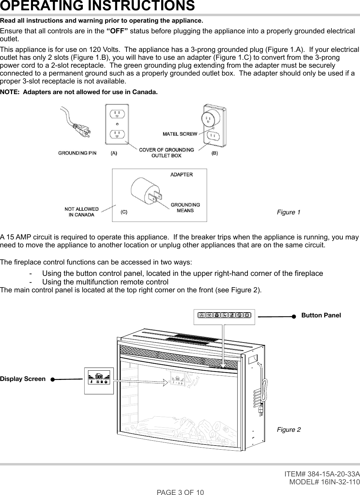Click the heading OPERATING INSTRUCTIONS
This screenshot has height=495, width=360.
97,6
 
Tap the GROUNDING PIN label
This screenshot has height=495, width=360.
77,153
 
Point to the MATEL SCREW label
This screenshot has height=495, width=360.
180,134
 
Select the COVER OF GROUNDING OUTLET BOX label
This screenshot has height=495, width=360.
166,153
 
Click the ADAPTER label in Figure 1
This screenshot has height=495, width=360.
182,175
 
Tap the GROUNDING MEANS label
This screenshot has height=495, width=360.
185,207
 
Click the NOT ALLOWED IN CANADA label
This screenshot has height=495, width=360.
81,212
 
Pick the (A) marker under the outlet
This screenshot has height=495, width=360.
113,154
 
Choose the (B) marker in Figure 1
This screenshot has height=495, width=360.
214,154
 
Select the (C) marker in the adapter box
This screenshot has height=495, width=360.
124,212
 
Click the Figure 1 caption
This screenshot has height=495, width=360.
288,212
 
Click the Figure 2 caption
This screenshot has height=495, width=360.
288,430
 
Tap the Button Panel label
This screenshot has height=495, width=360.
321,315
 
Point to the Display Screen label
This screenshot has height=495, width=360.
23,379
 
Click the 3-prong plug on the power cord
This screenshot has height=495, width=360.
83,129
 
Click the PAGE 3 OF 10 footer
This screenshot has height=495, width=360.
180,492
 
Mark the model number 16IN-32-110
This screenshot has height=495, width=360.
334,482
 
